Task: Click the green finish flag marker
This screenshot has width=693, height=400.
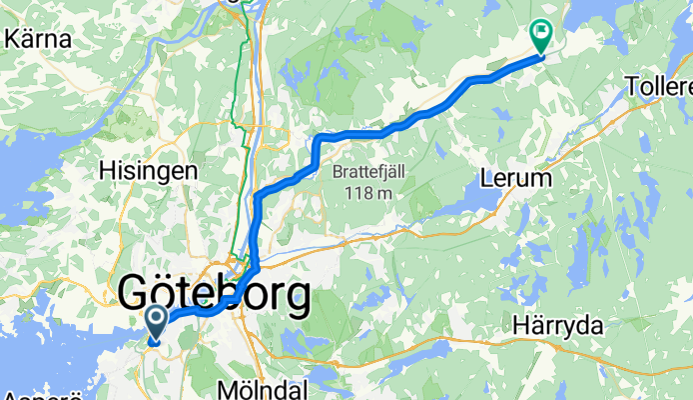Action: click(x=542, y=36)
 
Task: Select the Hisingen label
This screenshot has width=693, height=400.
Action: click(x=148, y=171)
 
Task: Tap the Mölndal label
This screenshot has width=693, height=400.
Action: click(x=264, y=387)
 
